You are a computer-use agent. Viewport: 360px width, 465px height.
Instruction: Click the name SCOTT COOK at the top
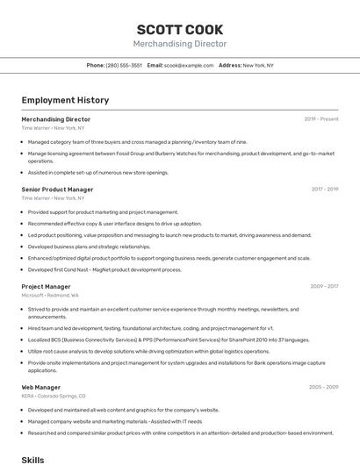pos(180,30)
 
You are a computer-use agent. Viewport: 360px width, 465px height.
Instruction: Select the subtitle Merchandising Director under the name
pos(180,44)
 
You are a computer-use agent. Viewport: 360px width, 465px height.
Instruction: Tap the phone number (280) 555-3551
pos(124,65)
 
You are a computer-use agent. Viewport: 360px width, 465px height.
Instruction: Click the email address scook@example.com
pos(189,65)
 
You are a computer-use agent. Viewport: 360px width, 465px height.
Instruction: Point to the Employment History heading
pos(59,100)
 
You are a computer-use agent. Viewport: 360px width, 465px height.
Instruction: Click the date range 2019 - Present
pos(321,118)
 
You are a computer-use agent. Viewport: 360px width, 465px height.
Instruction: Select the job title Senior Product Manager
pos(57,189)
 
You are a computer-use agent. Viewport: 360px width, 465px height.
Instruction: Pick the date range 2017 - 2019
pos(325,189)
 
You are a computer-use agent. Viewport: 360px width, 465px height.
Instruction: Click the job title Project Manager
pos(46,286)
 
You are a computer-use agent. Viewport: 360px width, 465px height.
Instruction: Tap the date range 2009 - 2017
pos(325,286)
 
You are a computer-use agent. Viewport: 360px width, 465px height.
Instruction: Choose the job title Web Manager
pos(41,387)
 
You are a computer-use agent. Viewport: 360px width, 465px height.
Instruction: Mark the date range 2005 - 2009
pos(324,387)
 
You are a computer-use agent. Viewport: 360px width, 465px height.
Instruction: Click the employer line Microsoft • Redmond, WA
pos(50,296)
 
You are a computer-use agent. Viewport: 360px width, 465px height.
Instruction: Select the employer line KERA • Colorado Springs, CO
pos(54,396)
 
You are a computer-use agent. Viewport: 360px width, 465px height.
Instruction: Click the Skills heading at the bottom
pos(32,460)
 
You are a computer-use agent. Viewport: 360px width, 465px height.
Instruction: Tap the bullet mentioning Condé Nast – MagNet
pos(104,269)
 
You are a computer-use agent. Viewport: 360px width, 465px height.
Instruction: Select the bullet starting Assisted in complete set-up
pos(97,173)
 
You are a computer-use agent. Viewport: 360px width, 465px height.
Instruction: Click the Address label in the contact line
pos(230,65)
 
